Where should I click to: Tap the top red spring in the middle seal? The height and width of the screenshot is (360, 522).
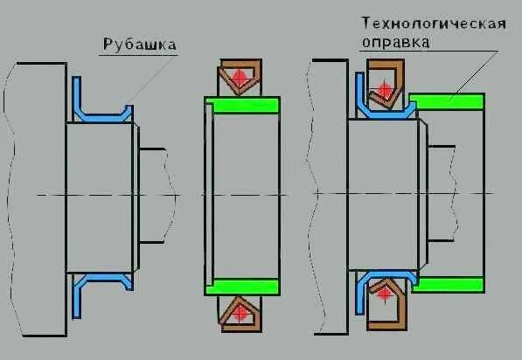click(x=238, y=78)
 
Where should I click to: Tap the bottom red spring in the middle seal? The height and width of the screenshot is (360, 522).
click(x=238, y=311)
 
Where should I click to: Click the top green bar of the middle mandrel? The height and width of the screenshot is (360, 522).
click(x=242, y=106)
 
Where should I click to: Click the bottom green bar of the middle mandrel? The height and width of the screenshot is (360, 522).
click(x=242, y=287)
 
